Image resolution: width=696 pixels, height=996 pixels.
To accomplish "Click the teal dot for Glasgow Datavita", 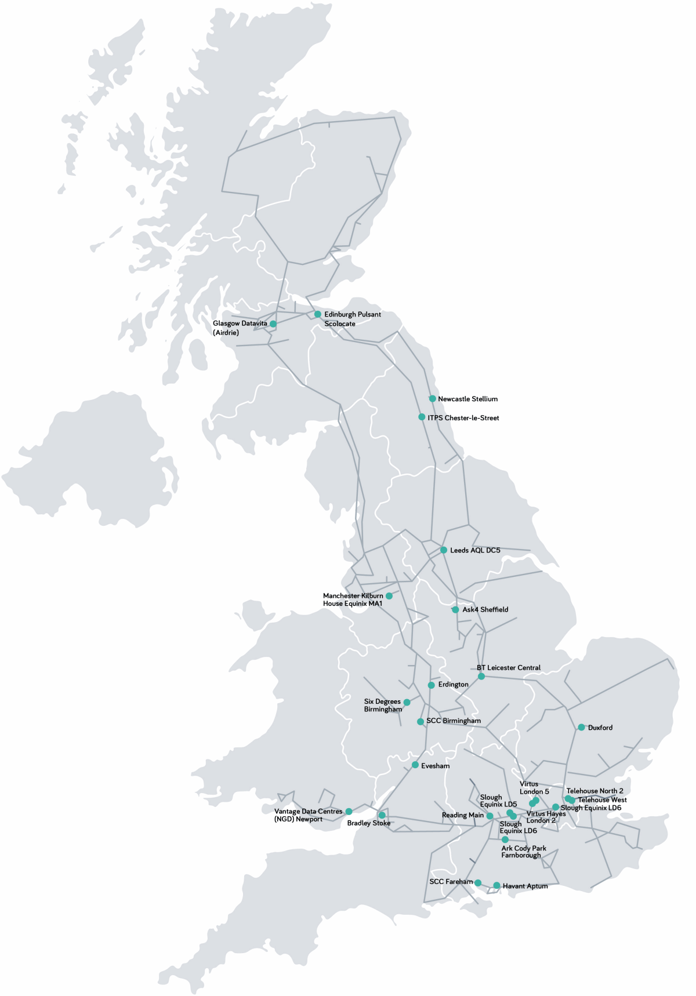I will click(273, 323).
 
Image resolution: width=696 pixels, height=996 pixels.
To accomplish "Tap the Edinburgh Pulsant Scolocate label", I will click(352, 319).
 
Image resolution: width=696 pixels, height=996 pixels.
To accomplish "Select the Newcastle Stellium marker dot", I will click(432, 399).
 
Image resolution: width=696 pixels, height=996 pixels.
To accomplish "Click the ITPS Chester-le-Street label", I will click(463, 418).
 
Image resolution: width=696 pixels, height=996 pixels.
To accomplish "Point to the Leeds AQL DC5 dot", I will click(444, 550).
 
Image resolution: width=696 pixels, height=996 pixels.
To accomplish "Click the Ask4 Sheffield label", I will click(485, 609).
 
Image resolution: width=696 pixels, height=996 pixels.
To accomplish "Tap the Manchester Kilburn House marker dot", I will click(389, 596).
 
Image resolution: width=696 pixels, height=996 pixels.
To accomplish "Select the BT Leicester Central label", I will click(509, 668).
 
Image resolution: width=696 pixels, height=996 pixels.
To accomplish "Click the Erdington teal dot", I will click(432, 685).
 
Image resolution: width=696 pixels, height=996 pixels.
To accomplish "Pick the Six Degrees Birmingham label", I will click(383, 706).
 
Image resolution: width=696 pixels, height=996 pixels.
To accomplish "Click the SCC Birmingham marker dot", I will click(420, 722).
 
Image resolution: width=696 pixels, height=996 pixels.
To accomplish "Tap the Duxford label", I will click(600, 728).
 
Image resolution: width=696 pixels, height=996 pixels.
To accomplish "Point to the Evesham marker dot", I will click(415, 765).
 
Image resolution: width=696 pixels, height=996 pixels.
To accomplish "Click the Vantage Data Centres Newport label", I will click(308, 815).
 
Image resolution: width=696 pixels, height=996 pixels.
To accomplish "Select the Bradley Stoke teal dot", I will click(382, 815).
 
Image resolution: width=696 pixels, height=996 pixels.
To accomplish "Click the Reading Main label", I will click(462, 815).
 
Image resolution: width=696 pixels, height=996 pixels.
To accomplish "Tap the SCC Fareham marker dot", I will click(478, 883).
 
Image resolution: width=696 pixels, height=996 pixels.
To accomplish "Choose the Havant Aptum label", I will click(525, 886).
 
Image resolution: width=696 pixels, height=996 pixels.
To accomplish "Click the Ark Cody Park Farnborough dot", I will click(505, 839).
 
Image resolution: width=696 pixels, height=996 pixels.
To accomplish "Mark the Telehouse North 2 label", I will click(594, 791).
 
